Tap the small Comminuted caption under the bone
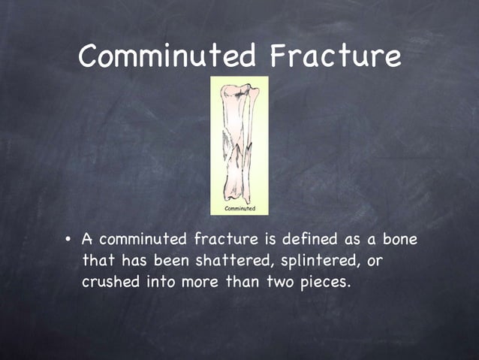coord(239,207)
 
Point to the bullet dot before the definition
coord(68,241)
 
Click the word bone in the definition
coord(398,241)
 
